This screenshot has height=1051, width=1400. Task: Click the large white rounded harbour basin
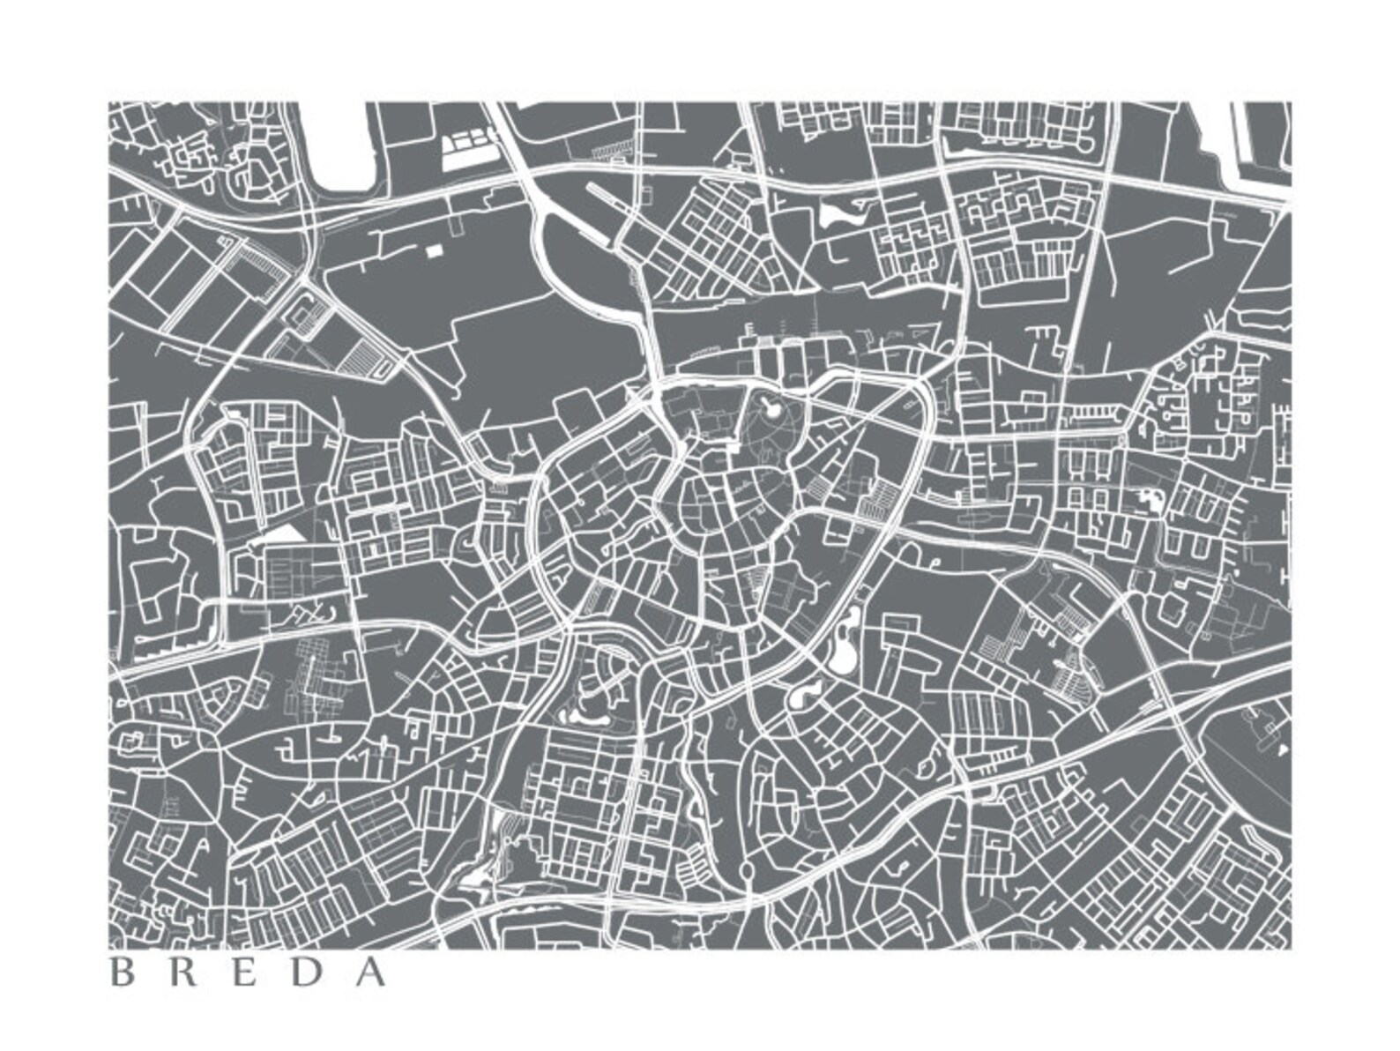[344, 150]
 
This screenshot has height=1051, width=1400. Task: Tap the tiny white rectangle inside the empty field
[433, 251]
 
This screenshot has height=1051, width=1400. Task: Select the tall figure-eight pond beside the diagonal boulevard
[844, 639]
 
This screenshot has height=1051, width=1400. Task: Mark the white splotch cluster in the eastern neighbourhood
[1151, 501]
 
